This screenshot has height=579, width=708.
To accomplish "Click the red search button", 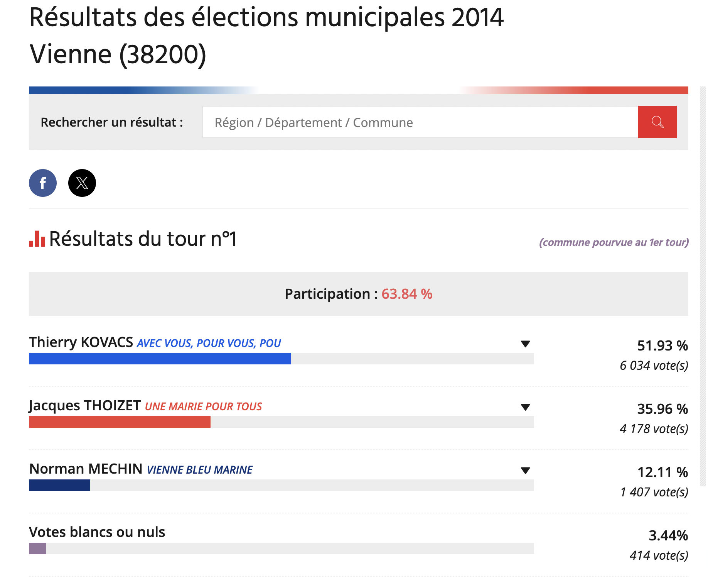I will click(x=657, y=122).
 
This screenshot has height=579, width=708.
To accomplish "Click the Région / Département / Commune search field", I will click(x=420, y=122).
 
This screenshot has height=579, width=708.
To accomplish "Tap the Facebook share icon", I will click(x=43, y=183).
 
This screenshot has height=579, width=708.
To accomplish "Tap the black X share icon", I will click(x=82, y=183).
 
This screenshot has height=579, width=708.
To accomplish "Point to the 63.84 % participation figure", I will click(x=407, y=294).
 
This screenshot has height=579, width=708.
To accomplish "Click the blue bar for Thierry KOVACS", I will click(x=160, y=359).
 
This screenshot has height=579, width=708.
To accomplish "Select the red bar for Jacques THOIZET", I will click(x=120, y=422).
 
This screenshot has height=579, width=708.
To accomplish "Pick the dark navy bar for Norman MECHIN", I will click(x=59, y=485).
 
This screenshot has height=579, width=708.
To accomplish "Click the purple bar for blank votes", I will click(x=37, y=549).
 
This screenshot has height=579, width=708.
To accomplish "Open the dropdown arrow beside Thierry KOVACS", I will click(x=525, y=344).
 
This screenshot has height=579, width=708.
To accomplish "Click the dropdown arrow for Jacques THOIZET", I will click(x=525, y=407).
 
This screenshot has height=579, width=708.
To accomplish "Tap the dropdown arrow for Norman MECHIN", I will click(x=525, y=470).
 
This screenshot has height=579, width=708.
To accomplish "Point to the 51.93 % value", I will click(x=662, y=345).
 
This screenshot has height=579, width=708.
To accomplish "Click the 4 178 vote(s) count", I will click(x=654, y=429).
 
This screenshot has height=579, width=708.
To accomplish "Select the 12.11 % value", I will click(x=662, y=472).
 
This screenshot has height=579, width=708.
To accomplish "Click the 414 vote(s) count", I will click(x=659, y=555).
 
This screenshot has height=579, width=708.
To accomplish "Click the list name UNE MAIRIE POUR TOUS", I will click(x=203, y=406).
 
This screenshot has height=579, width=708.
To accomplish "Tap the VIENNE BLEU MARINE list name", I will click(x=199, y=470).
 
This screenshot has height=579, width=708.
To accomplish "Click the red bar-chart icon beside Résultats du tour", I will click(x=37, y=239).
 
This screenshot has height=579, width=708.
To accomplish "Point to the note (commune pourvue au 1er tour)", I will click(x=614, y=242).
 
